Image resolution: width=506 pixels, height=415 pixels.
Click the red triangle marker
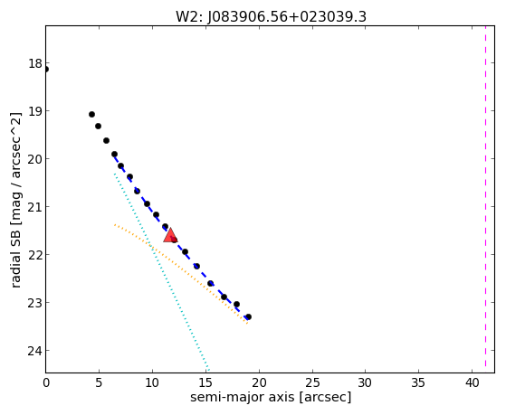[x=170, y=236]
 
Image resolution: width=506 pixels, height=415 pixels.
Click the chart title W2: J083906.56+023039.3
[x=271, y=17]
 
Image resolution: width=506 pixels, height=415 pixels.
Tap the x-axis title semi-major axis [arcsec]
[x=271, y=397]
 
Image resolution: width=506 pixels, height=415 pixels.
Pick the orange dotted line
[x=181, y=274]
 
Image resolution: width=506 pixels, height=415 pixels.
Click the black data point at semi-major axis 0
[x=45, y=69]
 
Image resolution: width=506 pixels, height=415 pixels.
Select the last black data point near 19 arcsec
[x=248, y=317]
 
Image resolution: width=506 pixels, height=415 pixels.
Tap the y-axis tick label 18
[x=35, y=63]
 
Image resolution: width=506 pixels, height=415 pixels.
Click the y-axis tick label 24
[x=34, y=351]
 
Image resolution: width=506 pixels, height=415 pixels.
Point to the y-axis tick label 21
[x=35, y=207]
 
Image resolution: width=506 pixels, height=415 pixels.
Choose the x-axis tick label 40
[x=473, y=382]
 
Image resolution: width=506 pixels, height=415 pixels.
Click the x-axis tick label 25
[x=312, y=382]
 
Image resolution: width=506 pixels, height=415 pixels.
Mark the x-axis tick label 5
[x=99, y=382]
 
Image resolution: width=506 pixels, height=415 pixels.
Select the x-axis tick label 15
[x=205, y=382]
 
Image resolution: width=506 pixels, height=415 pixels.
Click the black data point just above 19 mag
[x=91, y=114]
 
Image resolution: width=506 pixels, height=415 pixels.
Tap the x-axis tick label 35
[x=419, y=382]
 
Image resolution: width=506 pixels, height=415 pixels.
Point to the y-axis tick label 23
[x=35, y=303]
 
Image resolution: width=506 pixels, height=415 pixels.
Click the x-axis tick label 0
[x=46, y=382]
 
